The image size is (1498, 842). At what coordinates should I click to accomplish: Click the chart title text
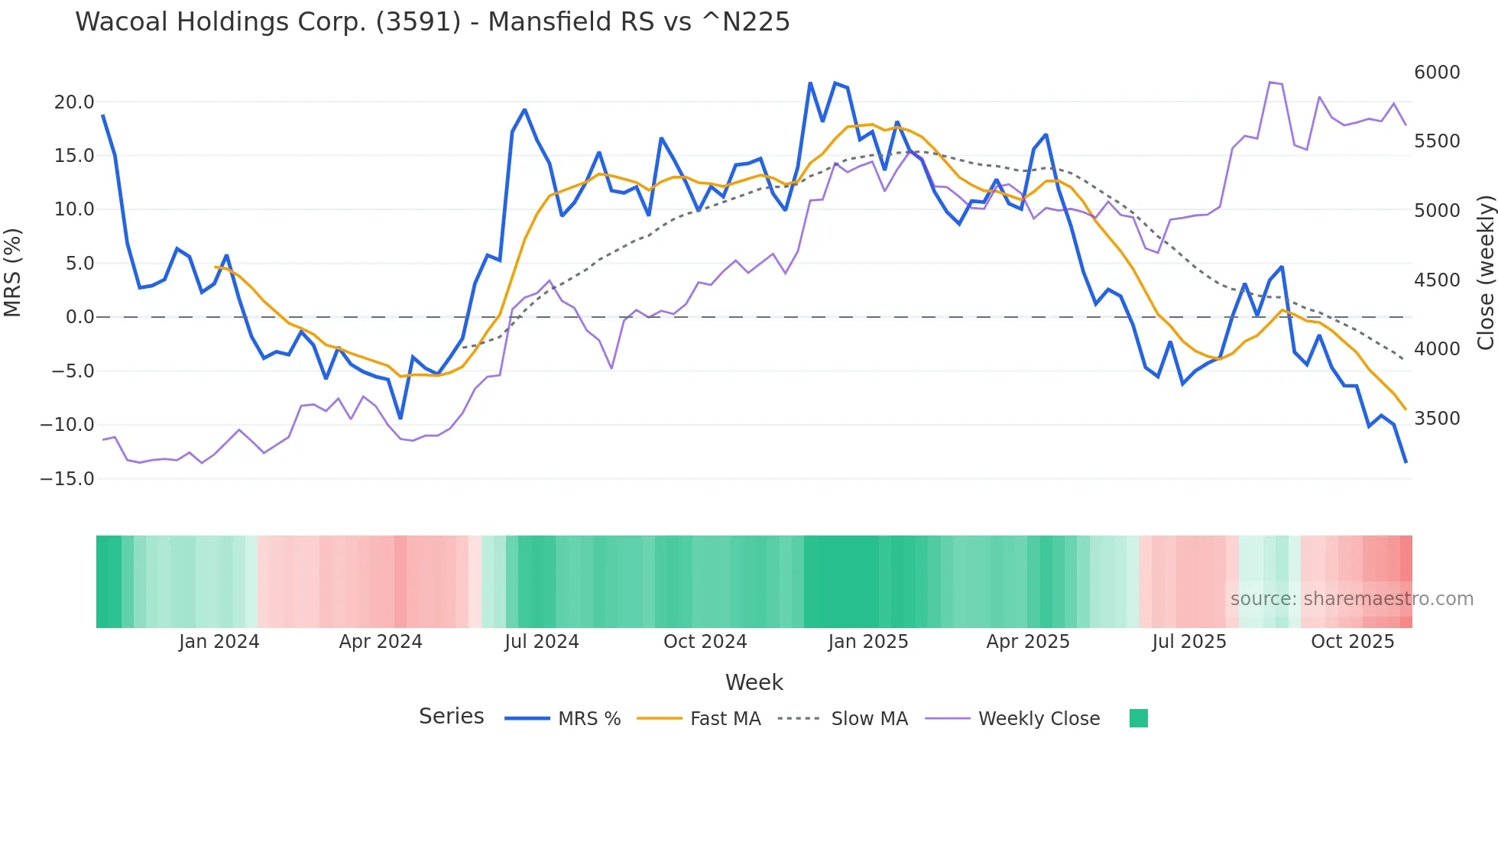[432, 22]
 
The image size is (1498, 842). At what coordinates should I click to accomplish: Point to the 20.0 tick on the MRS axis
[73, 102]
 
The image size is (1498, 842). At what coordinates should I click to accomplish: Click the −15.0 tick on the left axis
[67, 479]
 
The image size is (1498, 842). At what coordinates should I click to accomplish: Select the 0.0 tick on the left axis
[79, 317]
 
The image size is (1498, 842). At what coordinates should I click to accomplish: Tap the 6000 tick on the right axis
[1437, 73]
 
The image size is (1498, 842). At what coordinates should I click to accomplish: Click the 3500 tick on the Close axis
[1437, 419]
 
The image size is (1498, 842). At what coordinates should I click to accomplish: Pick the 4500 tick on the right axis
[1437, 280]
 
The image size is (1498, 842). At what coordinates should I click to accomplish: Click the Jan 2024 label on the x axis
[219, 642]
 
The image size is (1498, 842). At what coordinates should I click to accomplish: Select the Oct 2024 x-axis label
[705, 642]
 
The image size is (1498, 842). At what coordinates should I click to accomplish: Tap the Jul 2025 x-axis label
[1189, 642]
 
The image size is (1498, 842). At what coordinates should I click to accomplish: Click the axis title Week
[754, 682]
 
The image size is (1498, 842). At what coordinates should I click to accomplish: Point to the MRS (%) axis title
[13, 272]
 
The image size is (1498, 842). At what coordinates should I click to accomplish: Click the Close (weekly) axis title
[1485, 272]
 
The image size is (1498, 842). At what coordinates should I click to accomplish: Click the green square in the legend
[1138, 718]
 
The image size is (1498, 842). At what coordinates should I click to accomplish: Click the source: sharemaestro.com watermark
[1351, 599]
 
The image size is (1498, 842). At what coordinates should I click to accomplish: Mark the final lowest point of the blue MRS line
[1406, 461]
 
